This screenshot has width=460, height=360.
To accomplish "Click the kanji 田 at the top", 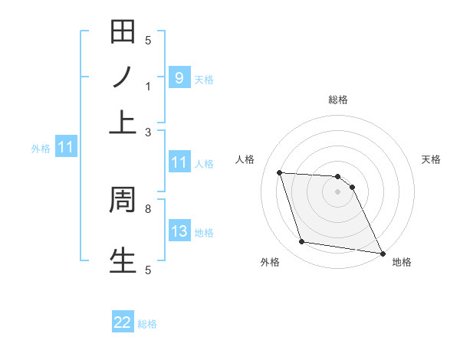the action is tap(123, 32).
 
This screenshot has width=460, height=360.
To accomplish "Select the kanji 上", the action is tap(123, 123).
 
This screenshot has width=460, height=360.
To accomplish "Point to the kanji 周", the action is tap(123, 200).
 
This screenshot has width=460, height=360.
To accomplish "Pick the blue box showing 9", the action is tap(179, 77).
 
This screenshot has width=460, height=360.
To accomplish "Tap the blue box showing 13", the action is tap(179, 231).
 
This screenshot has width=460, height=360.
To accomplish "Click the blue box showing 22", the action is tap(123, 322).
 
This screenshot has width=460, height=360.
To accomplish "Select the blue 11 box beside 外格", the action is tap(65, 147).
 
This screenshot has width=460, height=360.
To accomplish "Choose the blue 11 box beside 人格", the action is tap(179, 162).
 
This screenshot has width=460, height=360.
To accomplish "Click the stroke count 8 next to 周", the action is tap(148, 208).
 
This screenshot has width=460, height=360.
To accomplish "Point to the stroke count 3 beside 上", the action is tap(148, 133).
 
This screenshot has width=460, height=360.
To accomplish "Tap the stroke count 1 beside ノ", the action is tap(148, 87).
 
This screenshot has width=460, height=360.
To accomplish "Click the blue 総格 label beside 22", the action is tap(147, 324).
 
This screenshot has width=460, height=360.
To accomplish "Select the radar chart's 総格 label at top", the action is tap(338, 100).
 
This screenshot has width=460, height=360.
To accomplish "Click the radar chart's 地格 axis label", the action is tap(402, 262).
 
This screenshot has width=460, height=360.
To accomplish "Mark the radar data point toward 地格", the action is tap(382, 253).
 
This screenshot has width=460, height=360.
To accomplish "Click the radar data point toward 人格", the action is tap(280, 172).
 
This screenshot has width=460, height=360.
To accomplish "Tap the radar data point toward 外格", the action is tap(302, 242).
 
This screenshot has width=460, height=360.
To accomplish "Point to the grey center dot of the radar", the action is tap(338, 191).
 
